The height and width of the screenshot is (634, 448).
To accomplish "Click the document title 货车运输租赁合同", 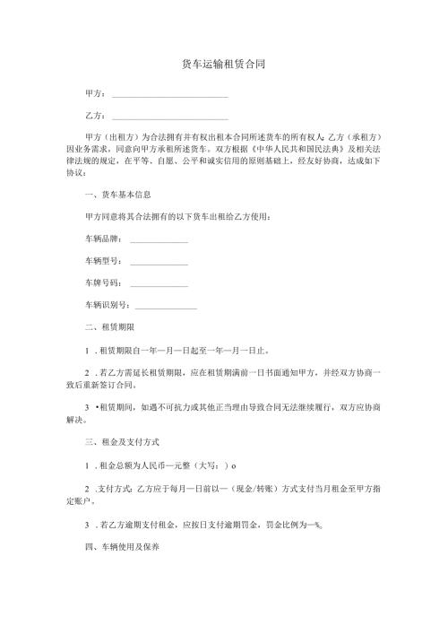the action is (223, 64).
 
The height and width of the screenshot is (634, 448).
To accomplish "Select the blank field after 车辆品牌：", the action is (159, 240).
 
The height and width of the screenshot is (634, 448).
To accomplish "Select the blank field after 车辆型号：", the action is (159, 263).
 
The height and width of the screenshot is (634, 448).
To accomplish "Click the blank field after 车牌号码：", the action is (159, 284).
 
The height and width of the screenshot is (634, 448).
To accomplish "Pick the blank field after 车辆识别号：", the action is (165, 307).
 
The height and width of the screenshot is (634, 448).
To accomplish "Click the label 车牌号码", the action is (103, 284).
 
